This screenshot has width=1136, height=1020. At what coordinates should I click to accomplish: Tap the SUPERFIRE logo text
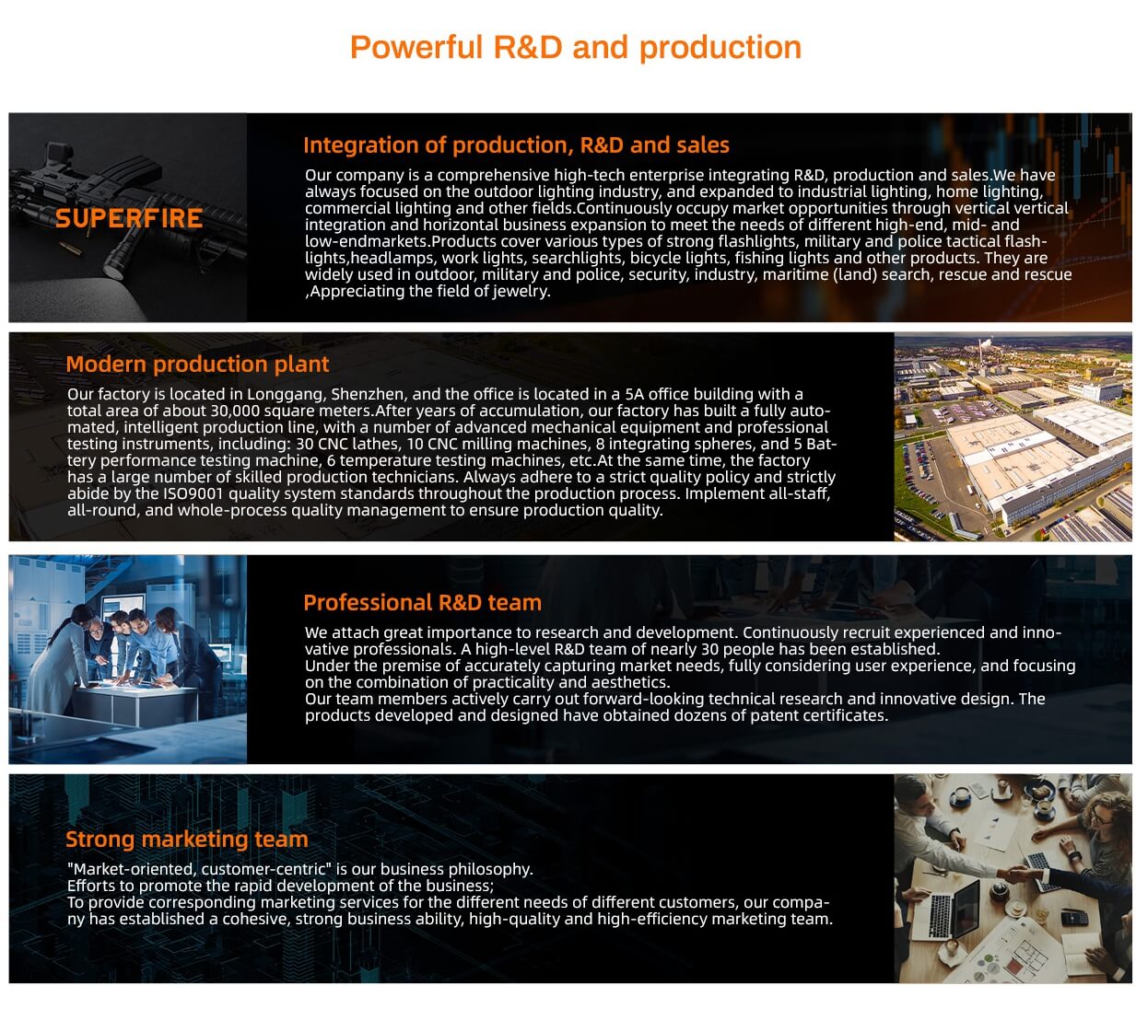pos(128,217)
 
